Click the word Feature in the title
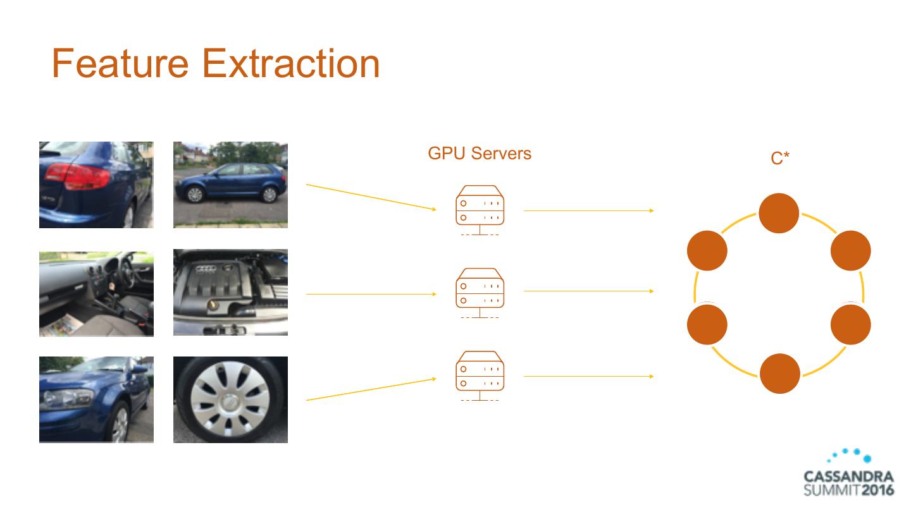tap(120, 63)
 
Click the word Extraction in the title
tap(291, 63)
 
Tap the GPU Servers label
tap(480, 153)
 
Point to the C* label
tap(780, 159)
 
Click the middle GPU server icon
tap(480, 292)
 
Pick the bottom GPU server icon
tap(480, 375)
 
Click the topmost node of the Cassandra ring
tap(779, 213)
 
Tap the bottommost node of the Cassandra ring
tap(779, 374)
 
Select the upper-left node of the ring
tap(707, 251)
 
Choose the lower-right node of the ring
tap(850, 324)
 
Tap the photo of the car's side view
tap(230, 185)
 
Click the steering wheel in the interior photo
tap(126, 271)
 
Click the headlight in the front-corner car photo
tap(67, 399)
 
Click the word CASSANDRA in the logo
tap(848, 477)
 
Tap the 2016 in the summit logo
tap(877, 490)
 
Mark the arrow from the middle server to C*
tap(588, 291)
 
